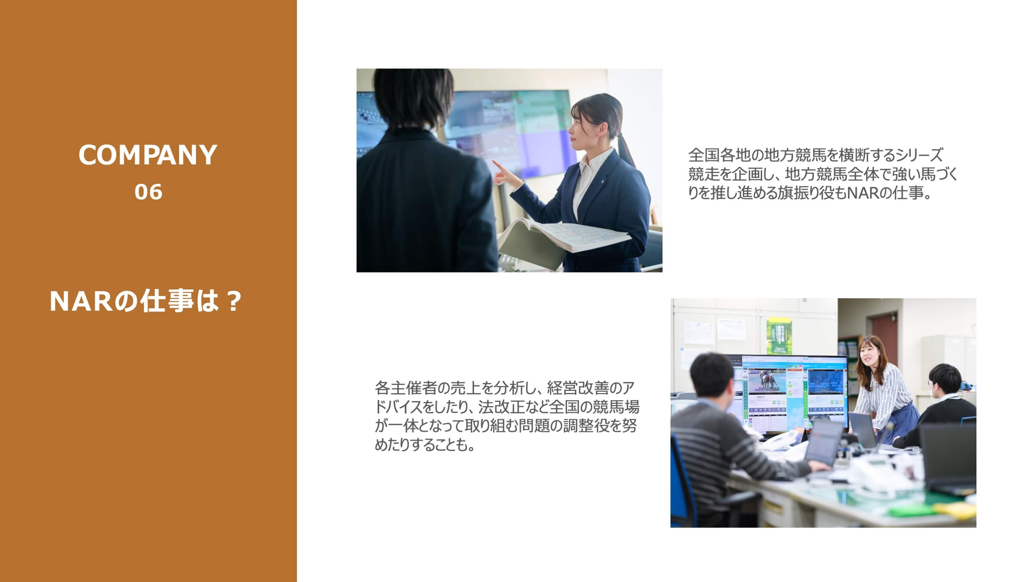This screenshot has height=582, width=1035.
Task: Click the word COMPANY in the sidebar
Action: (148, 155)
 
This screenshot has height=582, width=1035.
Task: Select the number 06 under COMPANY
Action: (148, 192)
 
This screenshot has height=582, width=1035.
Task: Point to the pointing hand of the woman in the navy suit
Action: (502, 173)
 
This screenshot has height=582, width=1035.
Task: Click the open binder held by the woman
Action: (563, 237)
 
